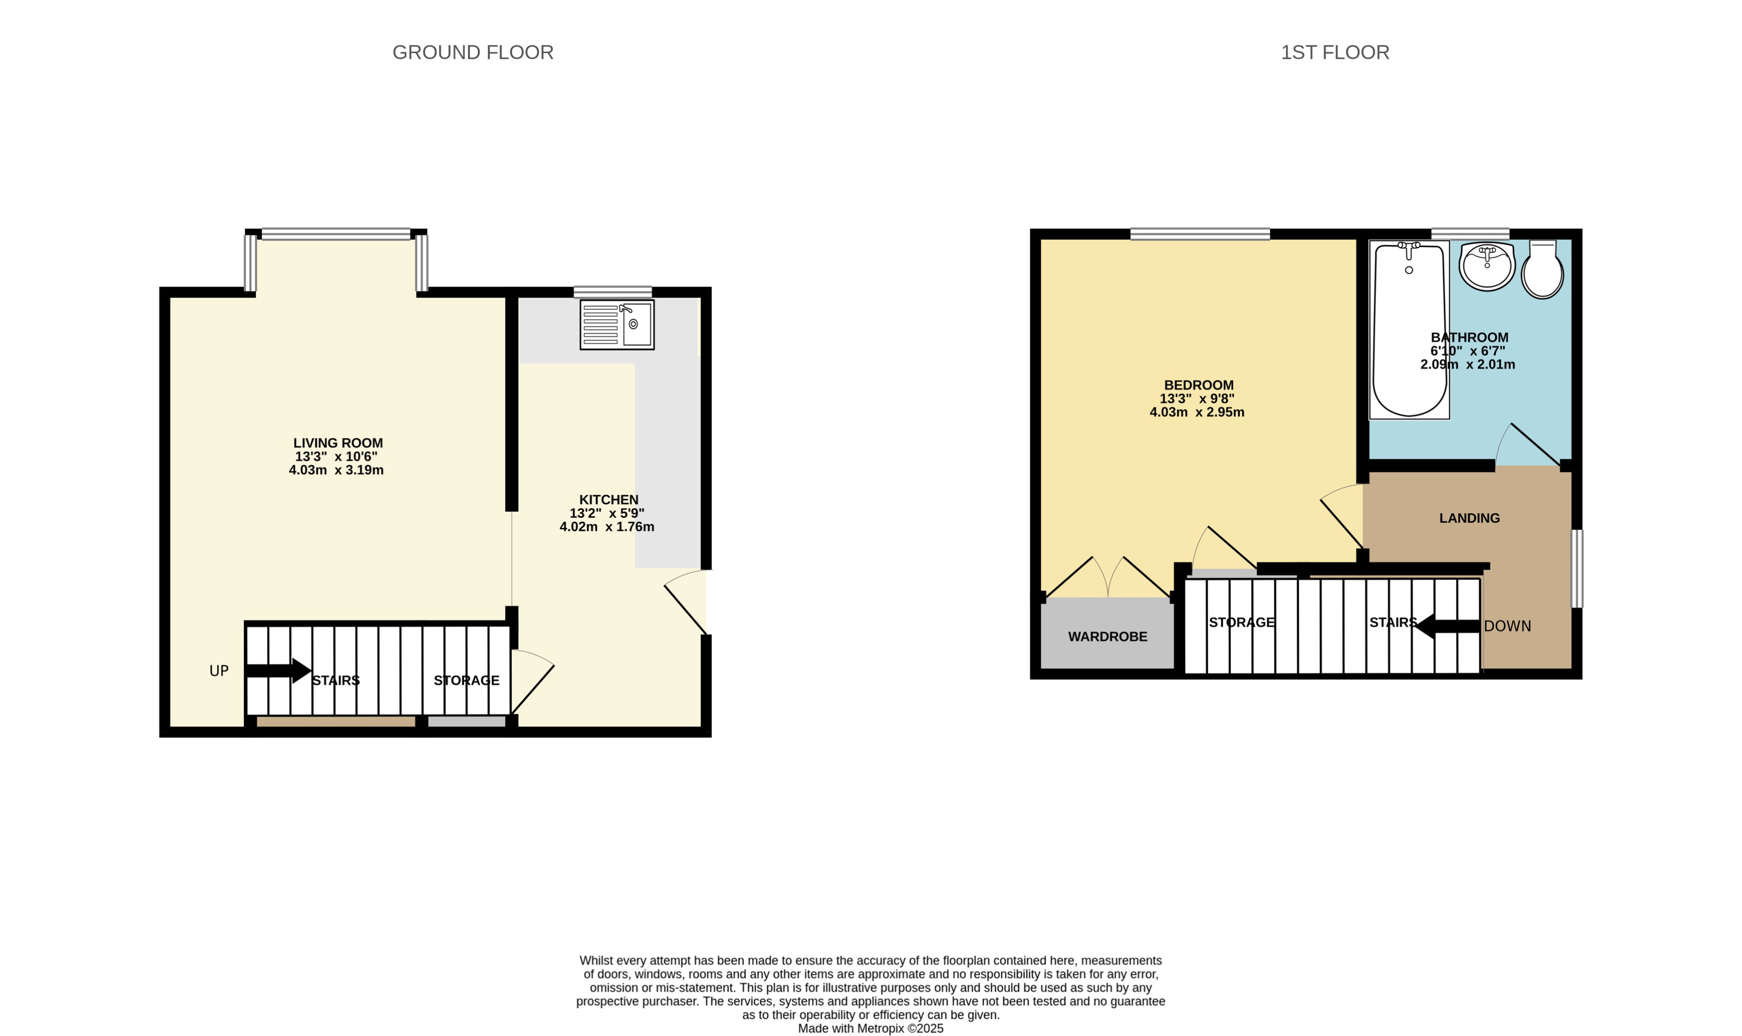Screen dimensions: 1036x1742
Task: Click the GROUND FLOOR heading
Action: coord(473,52)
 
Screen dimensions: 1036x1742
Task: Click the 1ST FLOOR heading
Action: coord(1335,52)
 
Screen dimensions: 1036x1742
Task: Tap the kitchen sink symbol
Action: coord(617,325)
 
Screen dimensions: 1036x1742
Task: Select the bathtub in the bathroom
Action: coord(1409,330)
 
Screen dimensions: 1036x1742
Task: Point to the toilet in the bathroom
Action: coord(1542,271)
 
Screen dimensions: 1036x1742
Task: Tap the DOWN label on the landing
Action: coord(1507,626)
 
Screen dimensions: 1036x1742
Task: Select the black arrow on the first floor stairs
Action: coord(1446,626)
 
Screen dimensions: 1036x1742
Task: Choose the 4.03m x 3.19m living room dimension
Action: coord(336,471)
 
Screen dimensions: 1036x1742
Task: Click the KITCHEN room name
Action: coord(608,500)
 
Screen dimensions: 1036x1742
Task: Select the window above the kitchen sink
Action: coord(613,292)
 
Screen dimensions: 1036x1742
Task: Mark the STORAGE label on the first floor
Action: coord(1242,622)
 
